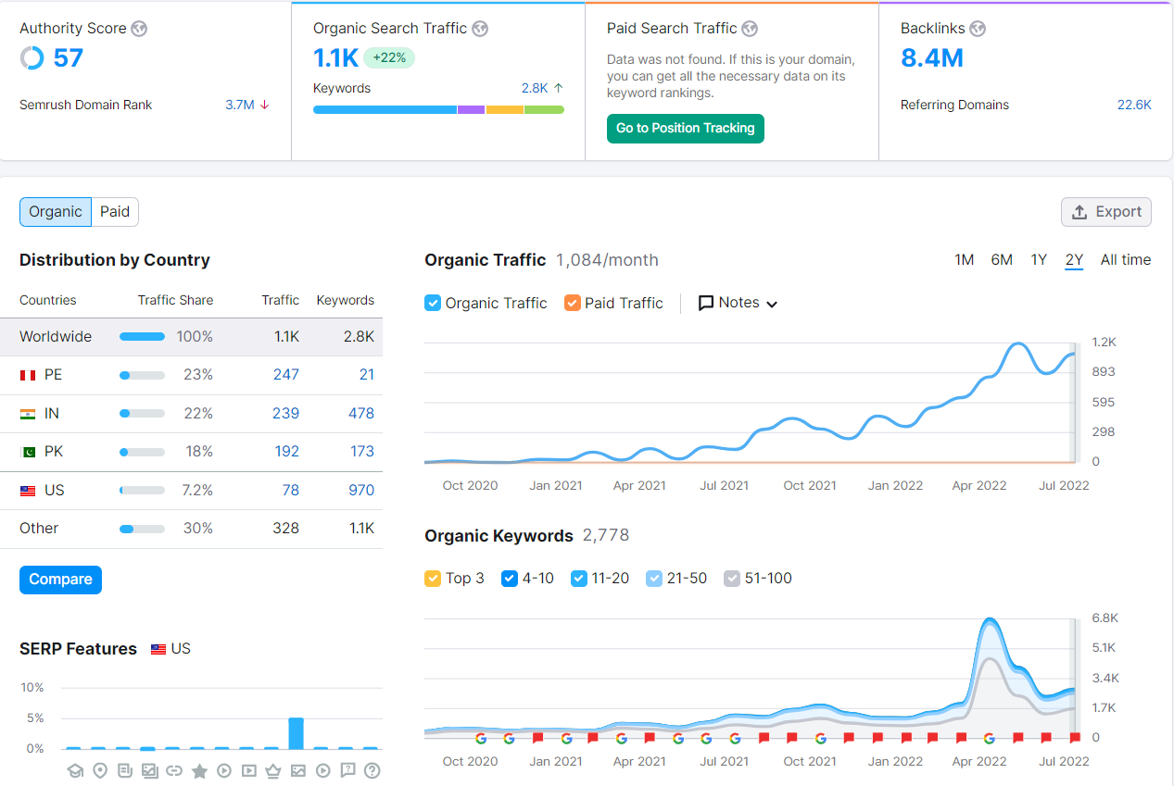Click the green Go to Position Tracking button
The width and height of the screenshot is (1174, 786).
tap(685, 129)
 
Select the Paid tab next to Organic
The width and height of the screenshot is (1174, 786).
tap(115, 212)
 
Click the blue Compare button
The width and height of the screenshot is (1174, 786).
tap(60, 580)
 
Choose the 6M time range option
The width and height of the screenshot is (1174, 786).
tap(1001, 260)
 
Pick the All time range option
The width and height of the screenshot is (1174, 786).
tap(1125, 260)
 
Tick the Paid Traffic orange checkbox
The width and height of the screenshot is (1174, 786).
tap(573, 303)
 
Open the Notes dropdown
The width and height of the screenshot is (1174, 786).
tap(738, 303)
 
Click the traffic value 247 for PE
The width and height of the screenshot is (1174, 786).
tap(285, 374)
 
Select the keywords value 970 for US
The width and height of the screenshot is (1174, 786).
tap(361, 490)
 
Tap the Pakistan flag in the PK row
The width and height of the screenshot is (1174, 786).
tap(28, 452)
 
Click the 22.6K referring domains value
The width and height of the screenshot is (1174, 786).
tap(1133, 105)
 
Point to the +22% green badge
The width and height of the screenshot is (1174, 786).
tap(389, 57)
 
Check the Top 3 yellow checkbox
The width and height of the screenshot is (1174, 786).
tap(433, 579)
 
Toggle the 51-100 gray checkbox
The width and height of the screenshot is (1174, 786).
tap(732, 579)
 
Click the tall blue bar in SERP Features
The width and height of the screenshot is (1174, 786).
tap(297, 733)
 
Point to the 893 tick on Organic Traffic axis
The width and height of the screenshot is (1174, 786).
tap(1104, 372)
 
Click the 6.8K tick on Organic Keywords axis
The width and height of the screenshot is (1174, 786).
tap(1105, 618)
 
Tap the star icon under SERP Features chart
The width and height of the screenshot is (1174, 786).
tap(199, 771)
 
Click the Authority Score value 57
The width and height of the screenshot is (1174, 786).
tap(69, 57)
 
